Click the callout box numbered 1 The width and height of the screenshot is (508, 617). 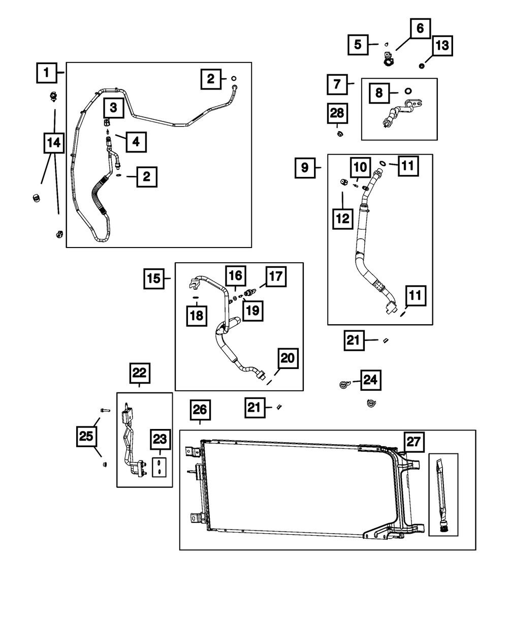[47, 73]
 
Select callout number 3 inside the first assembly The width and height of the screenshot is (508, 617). [113, 107]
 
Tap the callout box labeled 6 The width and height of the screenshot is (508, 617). [420, 29]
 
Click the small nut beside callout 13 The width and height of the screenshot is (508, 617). [422, 66]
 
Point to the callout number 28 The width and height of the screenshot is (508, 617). [337, 113]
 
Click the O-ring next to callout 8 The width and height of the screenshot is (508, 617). [408, 91]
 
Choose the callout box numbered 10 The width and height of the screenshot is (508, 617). [360, 167]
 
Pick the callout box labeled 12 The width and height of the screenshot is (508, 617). [343, 219]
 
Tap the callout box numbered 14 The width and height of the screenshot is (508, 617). [53, 143]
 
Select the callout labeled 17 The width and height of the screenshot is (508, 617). [275, 277]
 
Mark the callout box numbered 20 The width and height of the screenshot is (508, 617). [288, 359]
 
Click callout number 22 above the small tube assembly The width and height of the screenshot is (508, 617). [139, 373]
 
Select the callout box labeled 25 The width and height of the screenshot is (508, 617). [87, 436]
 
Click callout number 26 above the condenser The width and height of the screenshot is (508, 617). [200, 410]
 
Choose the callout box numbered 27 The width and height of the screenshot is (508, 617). [414, 442]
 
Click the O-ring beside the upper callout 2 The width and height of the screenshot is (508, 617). [234, 78]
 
